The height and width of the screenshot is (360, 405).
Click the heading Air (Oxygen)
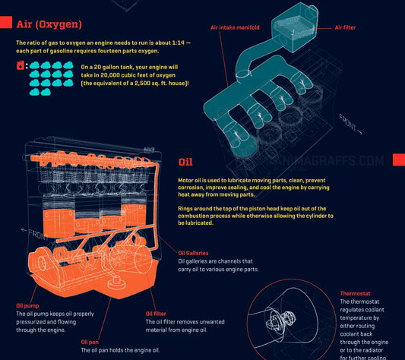pyautogui.click(x=49, y=24)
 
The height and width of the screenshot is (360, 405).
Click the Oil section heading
pyautogui.click(x=185, y=162)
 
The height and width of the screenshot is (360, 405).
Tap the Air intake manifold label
pyautogui.click(x=235, y=27)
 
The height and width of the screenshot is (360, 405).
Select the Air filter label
pyautogui.click(x=346, y=27)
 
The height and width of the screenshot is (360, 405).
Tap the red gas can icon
pyautogui.click(x=21, y=66)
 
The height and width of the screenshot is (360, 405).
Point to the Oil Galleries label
pyautogui.click(x=193, y=253)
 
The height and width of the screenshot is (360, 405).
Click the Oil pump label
pyautogui.click(x=27, y=306)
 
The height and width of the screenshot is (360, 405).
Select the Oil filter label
pyautogui.click(x=157, y=313)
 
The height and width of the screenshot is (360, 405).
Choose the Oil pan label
pyautogui.click(x=91, y=342)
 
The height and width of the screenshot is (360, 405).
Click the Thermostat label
pyautogui.click(x=356, y=293)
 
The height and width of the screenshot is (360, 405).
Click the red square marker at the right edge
pyautogui.click(x=399, y=159)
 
